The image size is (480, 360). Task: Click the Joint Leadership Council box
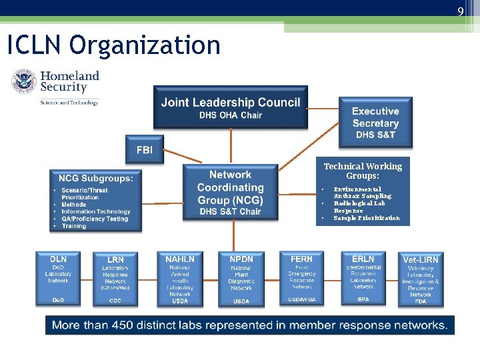(231, 107)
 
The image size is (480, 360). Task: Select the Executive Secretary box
(375, 123)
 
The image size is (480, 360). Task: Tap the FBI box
(144, 150)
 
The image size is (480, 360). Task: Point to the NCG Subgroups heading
(96, 178)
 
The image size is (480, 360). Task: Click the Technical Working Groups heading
(363, 171)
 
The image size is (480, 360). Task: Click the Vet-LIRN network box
(421, 279)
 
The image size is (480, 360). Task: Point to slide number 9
(460, 11)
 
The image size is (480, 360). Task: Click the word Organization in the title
(145, 45)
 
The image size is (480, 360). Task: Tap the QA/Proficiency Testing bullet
(95, 219)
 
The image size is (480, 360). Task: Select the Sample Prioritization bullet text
(367, 218)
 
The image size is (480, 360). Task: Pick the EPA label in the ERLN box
(363, 300)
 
